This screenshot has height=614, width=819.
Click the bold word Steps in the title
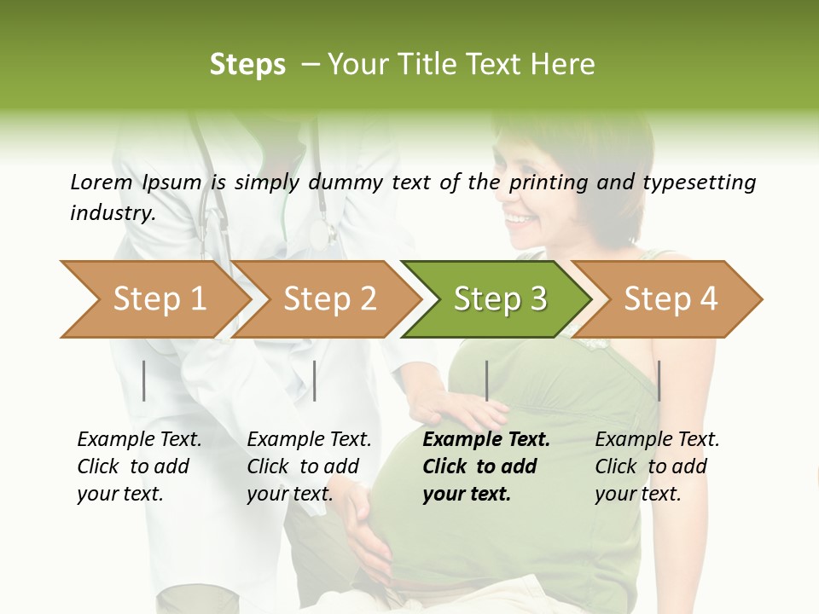[x=247, y=65]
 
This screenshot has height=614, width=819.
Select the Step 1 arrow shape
[x=154, y=299]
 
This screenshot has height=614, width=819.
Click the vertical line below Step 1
[x=144, y=380]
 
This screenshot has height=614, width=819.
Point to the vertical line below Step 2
[x=315, y=380]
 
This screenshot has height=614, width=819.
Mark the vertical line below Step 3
[x=486, y=380]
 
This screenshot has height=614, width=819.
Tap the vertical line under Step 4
[x=659, y=380]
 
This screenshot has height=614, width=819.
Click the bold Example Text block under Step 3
[x=485, y=466]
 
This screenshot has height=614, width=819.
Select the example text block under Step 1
[x=139, y=466]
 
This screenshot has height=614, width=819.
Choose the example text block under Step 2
[x=309, y=466]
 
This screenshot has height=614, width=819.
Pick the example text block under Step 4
[x=657, y=466]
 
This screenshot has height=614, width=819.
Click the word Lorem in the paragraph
[x=101, y=182]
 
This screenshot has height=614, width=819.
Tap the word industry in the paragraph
[x=112, y=213]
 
